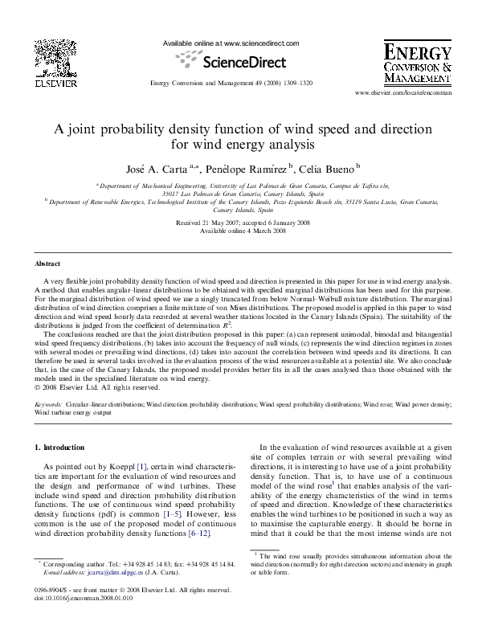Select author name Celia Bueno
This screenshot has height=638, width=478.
[x=329, y=168]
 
